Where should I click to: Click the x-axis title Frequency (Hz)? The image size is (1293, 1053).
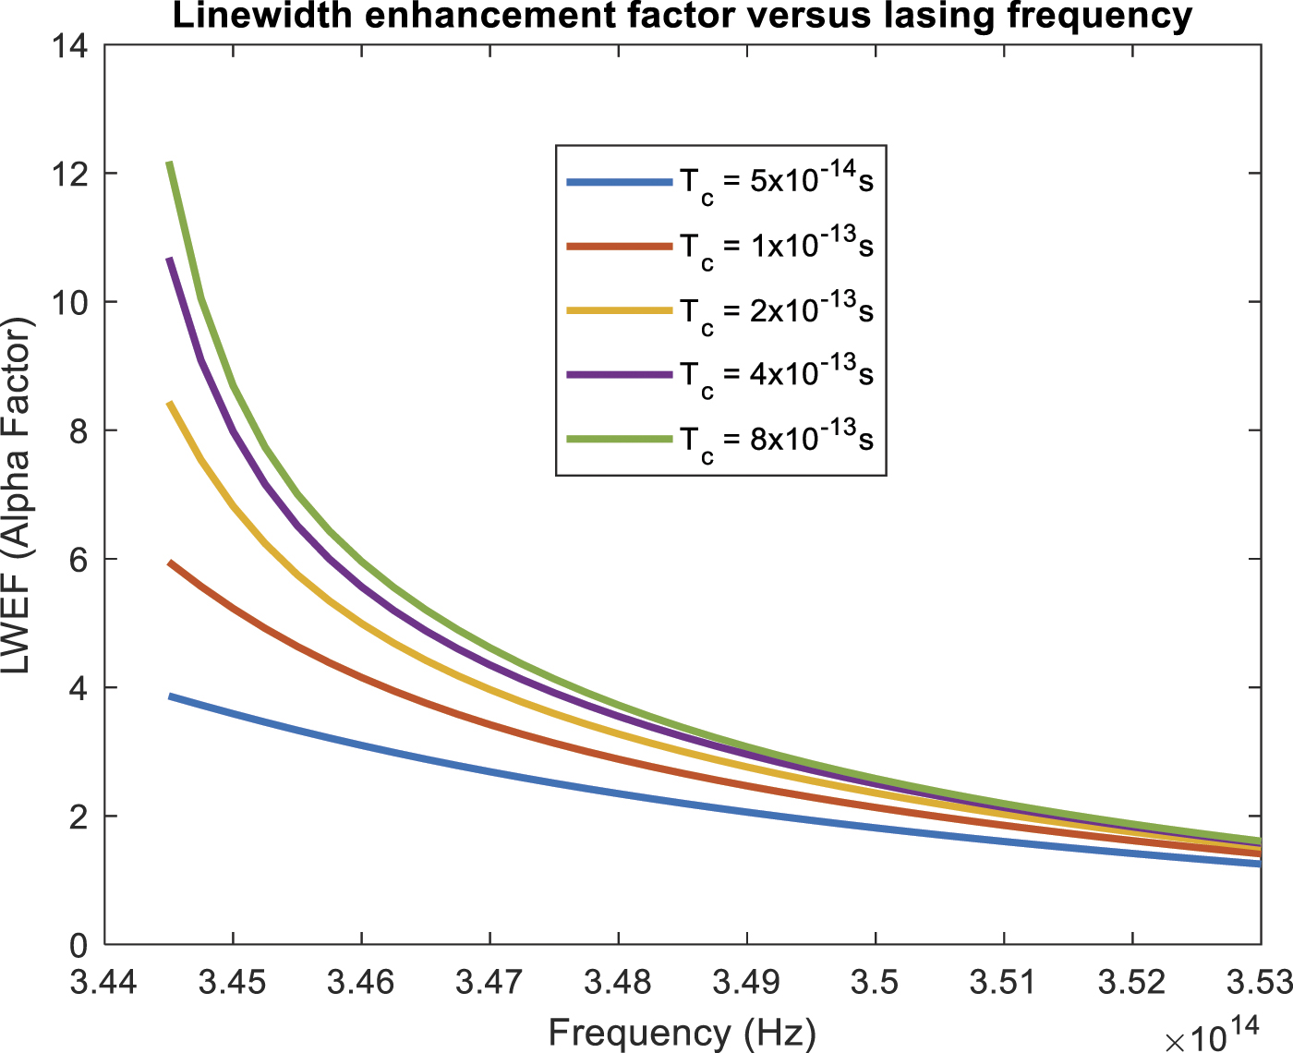tap(683, 1031)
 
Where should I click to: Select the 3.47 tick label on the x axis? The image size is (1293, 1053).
tap(490, 982)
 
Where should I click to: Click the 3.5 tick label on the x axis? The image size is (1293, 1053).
tap(876, 982)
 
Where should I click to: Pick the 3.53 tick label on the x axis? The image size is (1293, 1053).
tap(1258, 982)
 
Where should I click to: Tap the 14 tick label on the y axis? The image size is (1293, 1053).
tap(72, 45)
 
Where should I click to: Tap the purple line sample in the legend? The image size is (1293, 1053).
tap(619, 374)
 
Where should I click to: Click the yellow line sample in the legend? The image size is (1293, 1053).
tap(619, 311)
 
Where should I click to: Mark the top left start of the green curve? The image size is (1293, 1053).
tap(170, 163)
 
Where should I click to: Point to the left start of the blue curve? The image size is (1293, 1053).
tap(170, 696)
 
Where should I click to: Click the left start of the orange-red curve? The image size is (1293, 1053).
tap(170, 563)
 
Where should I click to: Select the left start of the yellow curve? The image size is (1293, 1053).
tap(170, 404)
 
